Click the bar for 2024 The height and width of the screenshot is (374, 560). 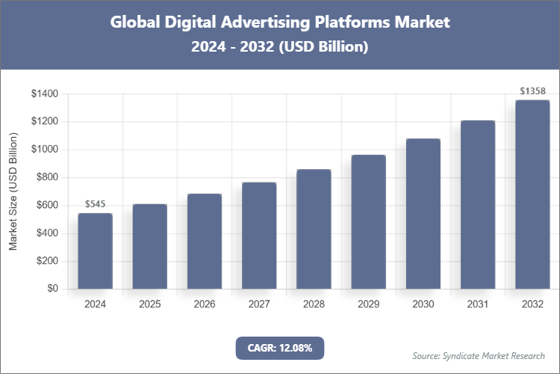[95, 251]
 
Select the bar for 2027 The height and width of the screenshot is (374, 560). [259, 236]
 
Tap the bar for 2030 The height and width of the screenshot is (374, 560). [423, 214]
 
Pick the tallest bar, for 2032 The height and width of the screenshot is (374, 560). [532, 194]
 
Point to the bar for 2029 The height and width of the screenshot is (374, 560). [368, 222]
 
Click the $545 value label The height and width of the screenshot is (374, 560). [95, 203]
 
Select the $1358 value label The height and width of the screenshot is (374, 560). [532, 91]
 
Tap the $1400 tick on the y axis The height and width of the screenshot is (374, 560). [45, 94]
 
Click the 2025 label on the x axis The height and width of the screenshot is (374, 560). [149, 304]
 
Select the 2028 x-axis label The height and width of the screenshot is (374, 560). [314, 304]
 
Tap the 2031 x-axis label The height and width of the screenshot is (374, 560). [478, 304]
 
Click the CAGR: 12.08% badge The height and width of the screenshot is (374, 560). [280, 348]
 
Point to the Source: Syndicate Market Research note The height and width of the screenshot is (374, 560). [479, 355]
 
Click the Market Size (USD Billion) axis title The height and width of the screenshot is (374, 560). [13, 191]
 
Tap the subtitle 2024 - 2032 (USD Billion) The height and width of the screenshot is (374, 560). [280, 46]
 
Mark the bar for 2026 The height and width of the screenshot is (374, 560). [205, 242]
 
